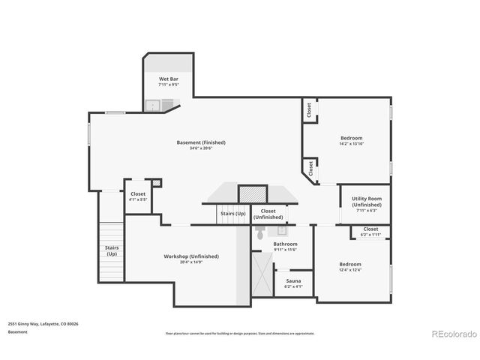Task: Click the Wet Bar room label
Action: point(168,79)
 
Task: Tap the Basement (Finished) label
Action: point(200,142)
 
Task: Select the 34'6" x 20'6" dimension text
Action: point(200,148)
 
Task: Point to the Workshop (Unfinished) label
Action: point(191,256)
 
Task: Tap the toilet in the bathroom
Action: point(260,232)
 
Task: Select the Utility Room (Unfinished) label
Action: point(367,201)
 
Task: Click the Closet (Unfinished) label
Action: point(268,214)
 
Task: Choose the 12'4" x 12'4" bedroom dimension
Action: point(349,270)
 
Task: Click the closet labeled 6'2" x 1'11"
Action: point(370,232)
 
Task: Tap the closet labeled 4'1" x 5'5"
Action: point(137,196)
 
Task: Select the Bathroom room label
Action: point(285,244)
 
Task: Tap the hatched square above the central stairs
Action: point(253,193)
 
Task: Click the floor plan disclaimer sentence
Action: point(240,333)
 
